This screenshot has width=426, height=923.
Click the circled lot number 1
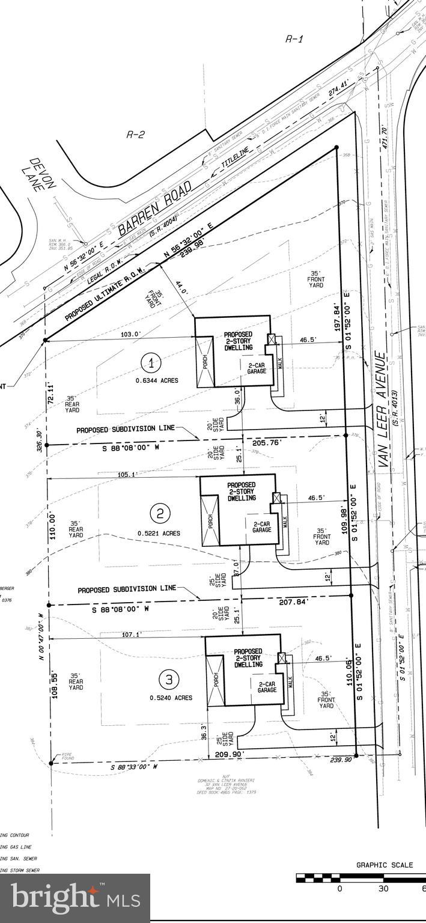[151, 362]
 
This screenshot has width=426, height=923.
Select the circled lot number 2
[160, 513]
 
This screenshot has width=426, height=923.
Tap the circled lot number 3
[169, 679]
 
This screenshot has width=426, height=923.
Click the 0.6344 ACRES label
[156, 380]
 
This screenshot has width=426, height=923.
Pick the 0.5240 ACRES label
[171, 698]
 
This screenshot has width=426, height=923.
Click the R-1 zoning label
[293, 40]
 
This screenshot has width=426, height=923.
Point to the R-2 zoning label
[135, 135]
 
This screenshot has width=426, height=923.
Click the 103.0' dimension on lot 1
[130, 334]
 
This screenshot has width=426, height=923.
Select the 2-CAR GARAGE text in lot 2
[262, 526]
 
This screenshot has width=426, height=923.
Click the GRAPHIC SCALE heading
[385, 865]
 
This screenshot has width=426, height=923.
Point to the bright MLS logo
[75, 898]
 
